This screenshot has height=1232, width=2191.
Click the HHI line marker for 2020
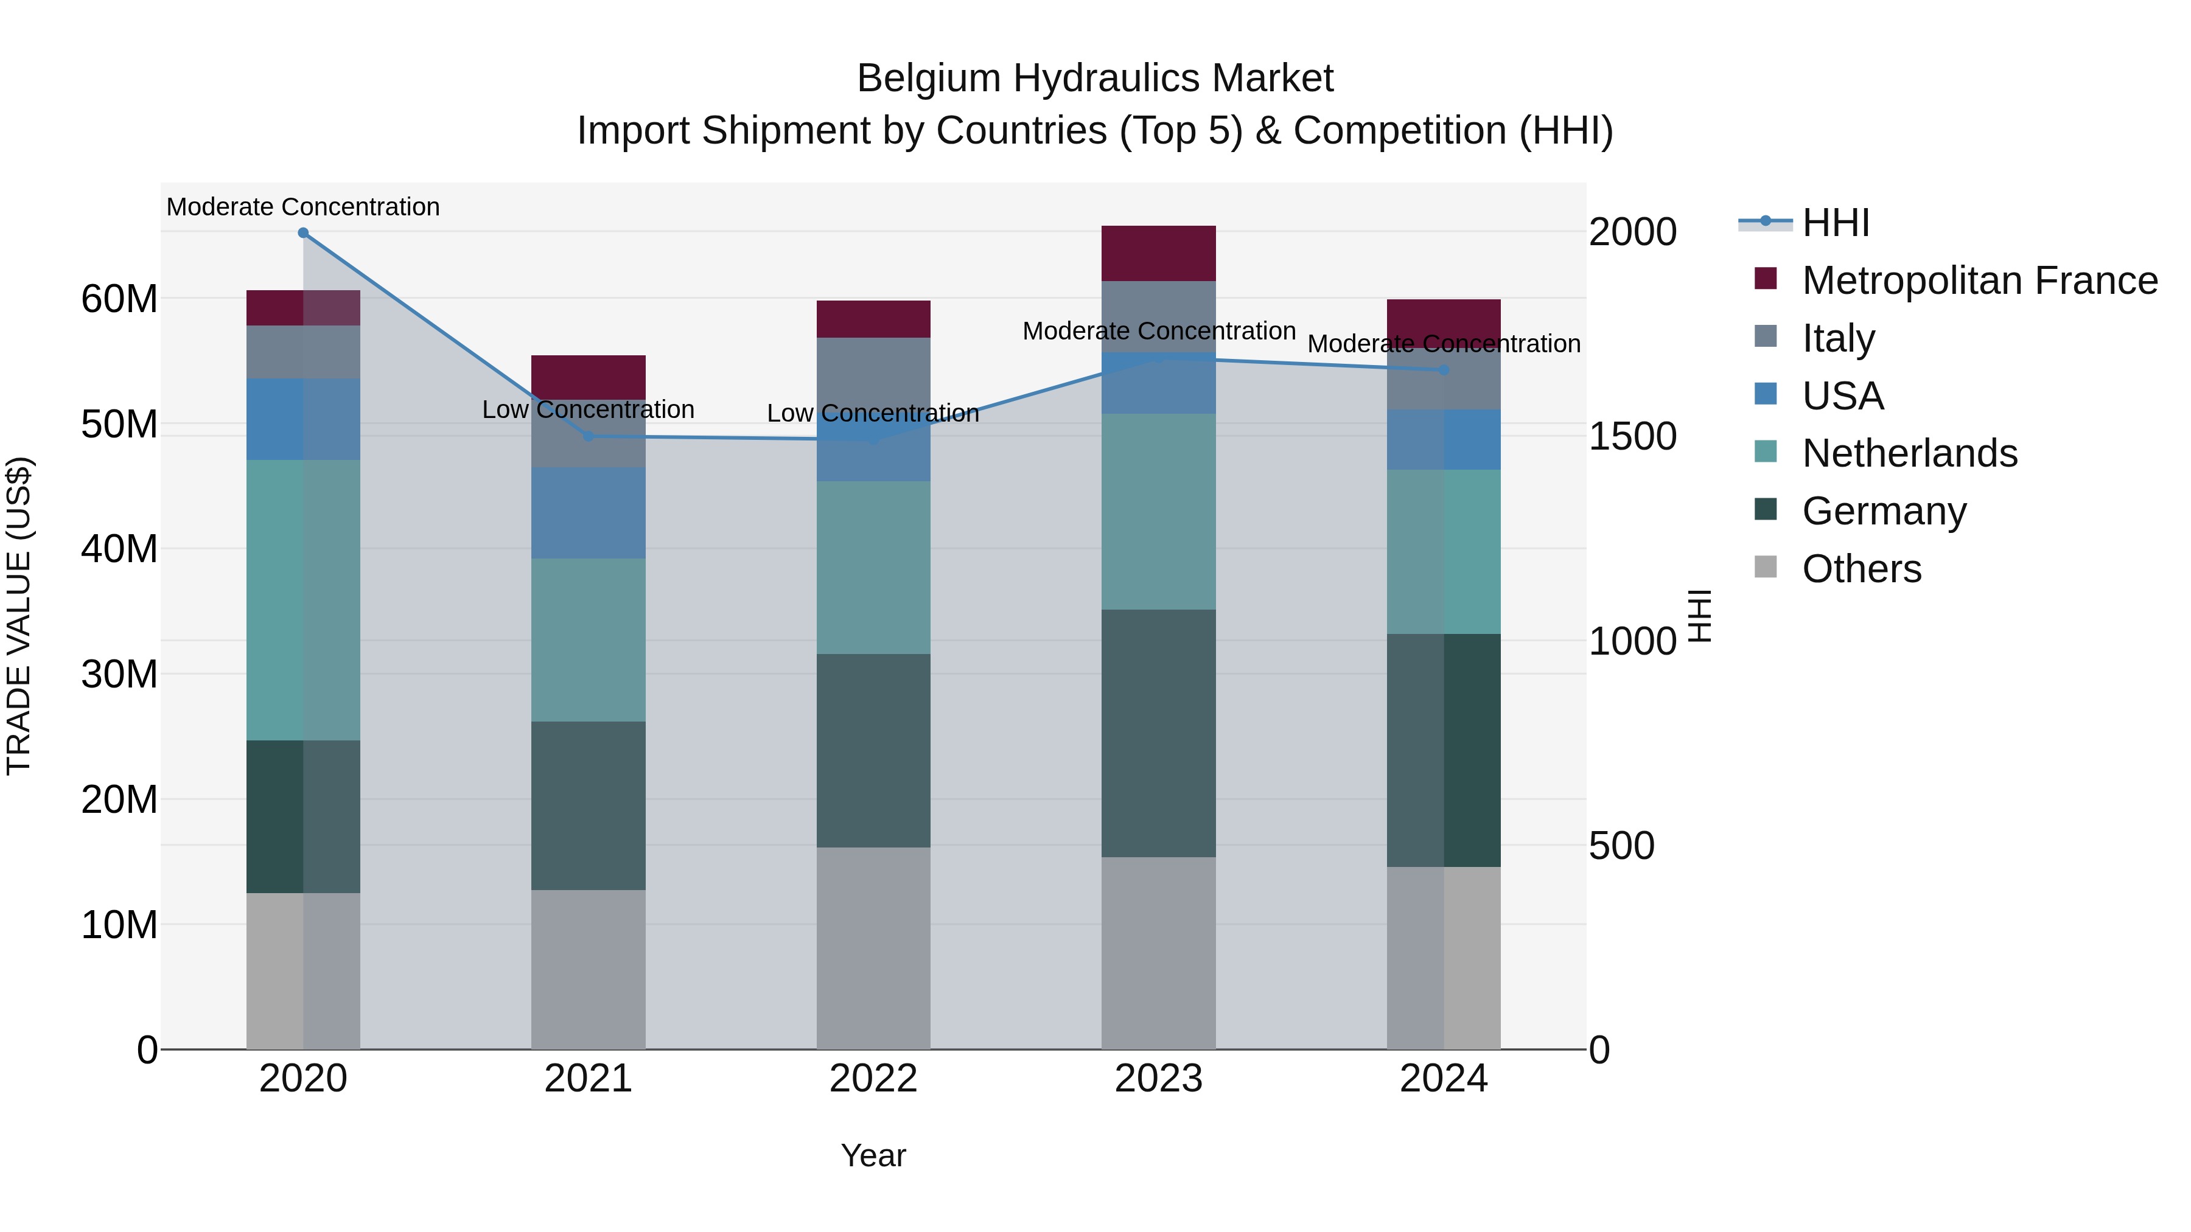pos(303,233)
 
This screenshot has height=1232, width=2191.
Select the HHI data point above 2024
pos(1444,371)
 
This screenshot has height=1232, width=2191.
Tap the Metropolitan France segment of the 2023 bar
pos(1158,253)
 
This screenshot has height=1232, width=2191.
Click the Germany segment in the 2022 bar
pos(873,751)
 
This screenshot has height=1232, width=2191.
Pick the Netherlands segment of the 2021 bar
pos(589,640)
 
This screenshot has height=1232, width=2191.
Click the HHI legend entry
pos(1836,223)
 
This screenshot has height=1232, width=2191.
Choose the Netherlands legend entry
pos(1909,453)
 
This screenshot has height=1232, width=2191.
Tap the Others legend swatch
pos(1766,567)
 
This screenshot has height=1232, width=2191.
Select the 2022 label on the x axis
pos(873,1079)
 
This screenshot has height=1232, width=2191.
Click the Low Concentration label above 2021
pos(589,410)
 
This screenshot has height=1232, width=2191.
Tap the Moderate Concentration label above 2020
pos(303,207)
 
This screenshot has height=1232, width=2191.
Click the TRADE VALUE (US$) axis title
pos(19,616)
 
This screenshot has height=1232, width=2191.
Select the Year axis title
pos(873,1155)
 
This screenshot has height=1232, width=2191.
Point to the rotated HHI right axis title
pos(1699,616)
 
